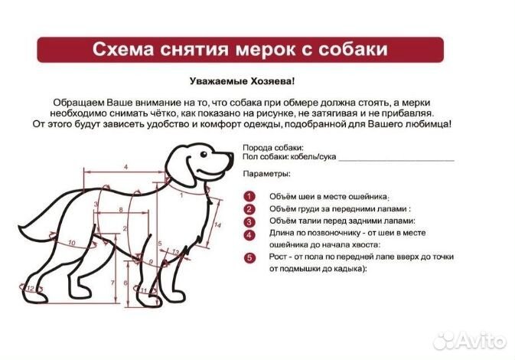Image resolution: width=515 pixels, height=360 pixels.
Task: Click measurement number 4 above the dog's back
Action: [x=124, y=165]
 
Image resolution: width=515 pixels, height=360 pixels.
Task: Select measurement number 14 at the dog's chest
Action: [x=218, y=224]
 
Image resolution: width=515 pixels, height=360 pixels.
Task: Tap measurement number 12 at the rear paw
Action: [x=31, y=289]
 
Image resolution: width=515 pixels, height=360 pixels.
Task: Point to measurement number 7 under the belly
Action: [x=113, y=283]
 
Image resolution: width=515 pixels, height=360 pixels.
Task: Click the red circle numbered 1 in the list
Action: [x=249, y=196]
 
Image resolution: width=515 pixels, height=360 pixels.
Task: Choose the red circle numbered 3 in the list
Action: [x=249, y=221]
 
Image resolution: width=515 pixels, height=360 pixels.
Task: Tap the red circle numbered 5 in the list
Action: [x=249, y=258]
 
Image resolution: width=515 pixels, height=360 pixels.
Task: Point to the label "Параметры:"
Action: [x=266, y=175]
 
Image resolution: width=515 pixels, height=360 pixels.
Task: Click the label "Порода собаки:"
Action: [x=272, y=147]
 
